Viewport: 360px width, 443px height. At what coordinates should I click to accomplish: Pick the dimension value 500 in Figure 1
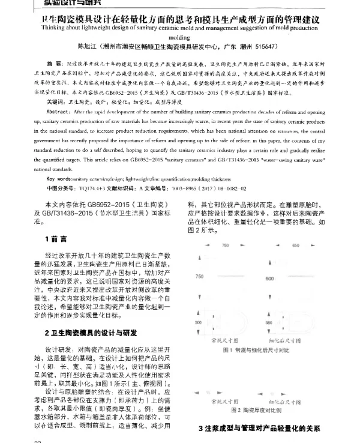coord(198,323)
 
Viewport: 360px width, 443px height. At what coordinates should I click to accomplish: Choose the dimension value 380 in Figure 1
coord(269,323)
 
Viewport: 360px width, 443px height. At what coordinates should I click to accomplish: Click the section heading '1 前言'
coord(55,256)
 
